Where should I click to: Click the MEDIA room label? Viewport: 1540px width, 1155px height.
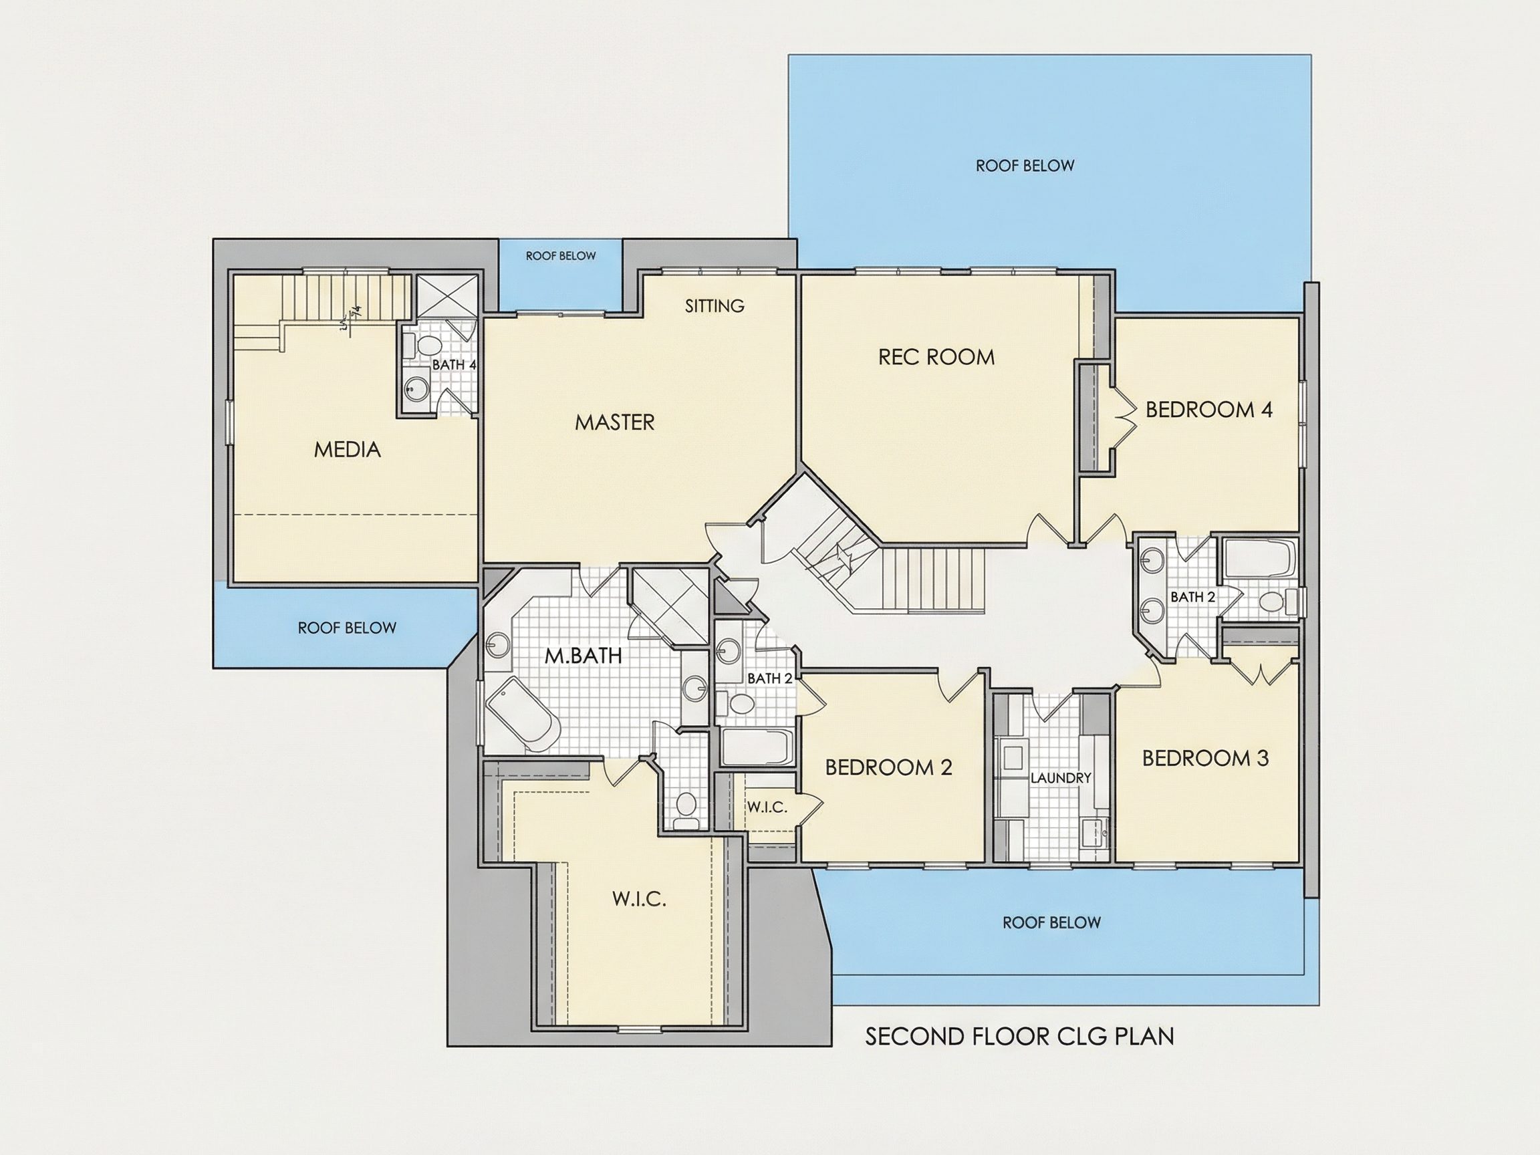[348, 450]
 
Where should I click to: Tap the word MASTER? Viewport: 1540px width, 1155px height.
[615, 422]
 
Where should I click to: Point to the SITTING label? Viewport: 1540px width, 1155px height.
[715, 305]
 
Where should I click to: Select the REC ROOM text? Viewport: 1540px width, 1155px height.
[936, 357]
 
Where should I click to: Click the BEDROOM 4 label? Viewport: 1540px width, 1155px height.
[1208, 409]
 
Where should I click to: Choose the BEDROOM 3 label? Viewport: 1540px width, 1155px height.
[1205, 758]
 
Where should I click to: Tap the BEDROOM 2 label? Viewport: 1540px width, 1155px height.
[888, 767]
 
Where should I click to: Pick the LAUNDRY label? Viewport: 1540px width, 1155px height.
[1060, 777]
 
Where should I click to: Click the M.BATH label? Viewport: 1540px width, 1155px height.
[583, 656]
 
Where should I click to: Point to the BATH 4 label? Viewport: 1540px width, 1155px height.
[454, 365]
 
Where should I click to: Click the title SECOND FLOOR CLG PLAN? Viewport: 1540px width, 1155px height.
[1019, 1037]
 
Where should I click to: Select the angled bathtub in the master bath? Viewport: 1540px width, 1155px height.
[523, 715]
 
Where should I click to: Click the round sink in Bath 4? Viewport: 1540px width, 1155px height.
[417, 389]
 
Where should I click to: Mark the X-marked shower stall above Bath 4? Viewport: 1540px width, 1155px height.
[447, 296]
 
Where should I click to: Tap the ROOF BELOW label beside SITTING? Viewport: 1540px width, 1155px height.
[560, 256]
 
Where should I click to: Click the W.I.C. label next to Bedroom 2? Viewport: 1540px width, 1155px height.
[767, 807]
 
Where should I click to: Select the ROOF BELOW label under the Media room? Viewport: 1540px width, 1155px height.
[347, 628]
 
